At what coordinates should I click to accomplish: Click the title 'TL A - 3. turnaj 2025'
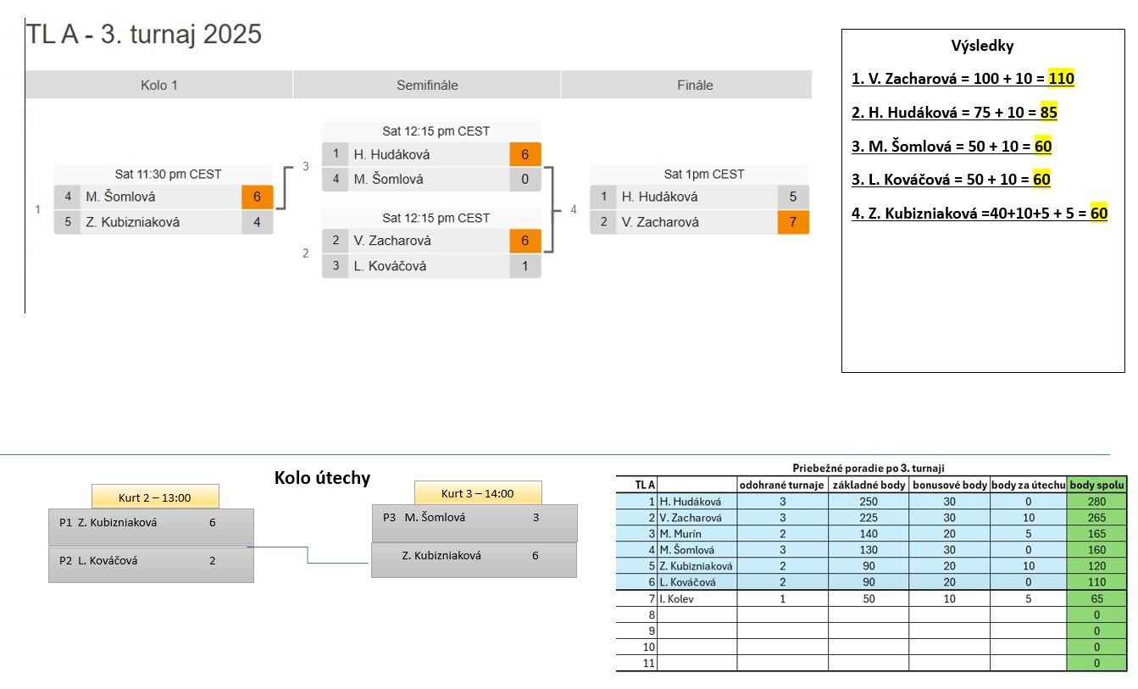[144, 34]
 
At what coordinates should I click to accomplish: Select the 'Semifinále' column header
[427, 85]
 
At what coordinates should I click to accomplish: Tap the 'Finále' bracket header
[695, 85]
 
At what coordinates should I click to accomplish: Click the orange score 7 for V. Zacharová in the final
[792, 222]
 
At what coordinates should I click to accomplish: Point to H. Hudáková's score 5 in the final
[792, 197]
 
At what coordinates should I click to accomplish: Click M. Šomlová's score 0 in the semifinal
[525, 179]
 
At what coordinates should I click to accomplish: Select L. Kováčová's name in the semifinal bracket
[390, 266]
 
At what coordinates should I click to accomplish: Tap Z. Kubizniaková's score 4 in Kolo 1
[257, 222]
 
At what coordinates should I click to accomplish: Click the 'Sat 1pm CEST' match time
[703, 175]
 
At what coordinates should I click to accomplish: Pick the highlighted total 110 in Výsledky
[1061, 78]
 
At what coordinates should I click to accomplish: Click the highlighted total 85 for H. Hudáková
[1048, 113]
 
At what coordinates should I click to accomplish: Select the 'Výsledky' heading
[982, 46]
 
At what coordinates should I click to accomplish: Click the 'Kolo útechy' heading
[322, 478]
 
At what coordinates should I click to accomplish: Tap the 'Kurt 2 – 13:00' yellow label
[155, 497]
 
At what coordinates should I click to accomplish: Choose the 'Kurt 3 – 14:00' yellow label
[478, 493]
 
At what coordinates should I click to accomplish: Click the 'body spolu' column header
[1096, 485]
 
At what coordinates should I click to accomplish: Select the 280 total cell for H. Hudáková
[1096, 502]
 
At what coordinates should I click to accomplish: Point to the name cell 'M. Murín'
[680, 534]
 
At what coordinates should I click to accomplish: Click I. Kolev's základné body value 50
[869, 598]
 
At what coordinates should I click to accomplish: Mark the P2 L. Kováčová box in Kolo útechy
[151, 564]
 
